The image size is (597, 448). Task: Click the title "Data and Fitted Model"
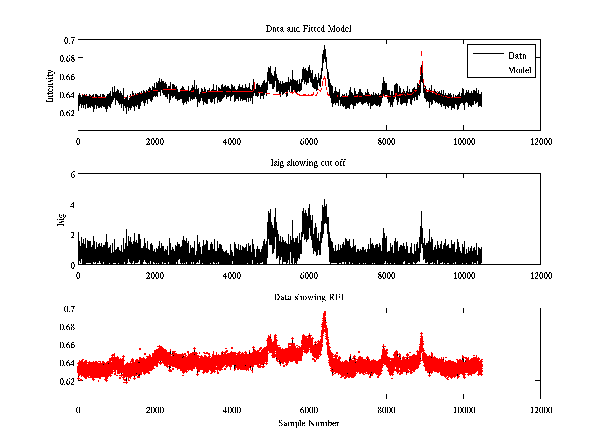pyautogui.click(x=308, y=29)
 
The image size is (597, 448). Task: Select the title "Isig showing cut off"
pyautogui.click(x=308, y=163)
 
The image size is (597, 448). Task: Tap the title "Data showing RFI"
pyautogui.click(x=308, y=297)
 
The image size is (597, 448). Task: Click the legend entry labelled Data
pyautogui.click(x=517, y=56)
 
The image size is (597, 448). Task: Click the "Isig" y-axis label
pyautogui.click(x=61, y=220)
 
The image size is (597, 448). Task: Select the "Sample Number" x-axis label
pyautogui.click(x=308, y=424)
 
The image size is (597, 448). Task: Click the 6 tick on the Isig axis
pyautogui.click(x=72, y=174)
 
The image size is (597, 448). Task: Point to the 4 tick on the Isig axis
pyautogui.click(x=72, y=204)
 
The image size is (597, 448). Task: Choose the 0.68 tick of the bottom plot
pyautogui.click(x=66, y=327)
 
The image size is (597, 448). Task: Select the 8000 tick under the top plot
pyautogui.click(x=386, y=141)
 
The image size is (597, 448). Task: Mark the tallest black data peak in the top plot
pyautogui.click(x=325, y=44)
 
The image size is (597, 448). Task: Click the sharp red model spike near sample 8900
pyautogui.click(x=422, y=52)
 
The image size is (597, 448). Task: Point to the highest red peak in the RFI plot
pyautogui.click(x=325, y=312)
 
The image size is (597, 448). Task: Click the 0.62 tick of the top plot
pyautogui.click(x=66, y=112)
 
